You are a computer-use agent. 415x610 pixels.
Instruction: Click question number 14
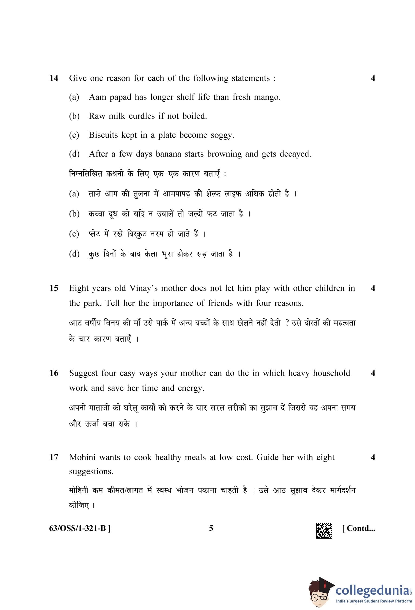click(x=54, y=78)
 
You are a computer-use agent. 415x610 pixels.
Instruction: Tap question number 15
click(x=54, y=288)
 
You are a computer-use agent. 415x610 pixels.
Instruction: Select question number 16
click(x=54, y=373)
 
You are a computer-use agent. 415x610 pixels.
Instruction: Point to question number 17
click(x=54, y=457)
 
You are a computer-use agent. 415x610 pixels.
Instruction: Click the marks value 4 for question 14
click(x=373, y=78)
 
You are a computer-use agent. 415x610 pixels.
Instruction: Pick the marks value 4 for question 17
click(x=373, y=457)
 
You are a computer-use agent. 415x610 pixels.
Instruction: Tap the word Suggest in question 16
click(x=83, y=373)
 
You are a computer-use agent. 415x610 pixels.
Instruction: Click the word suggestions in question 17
click(x=91, y=472)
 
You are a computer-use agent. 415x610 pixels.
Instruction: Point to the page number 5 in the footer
click(x=211, y=528)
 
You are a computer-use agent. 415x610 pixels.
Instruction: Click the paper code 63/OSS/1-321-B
click(x=80, y=528)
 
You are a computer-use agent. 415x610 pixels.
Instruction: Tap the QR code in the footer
click(x=324, y=530)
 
